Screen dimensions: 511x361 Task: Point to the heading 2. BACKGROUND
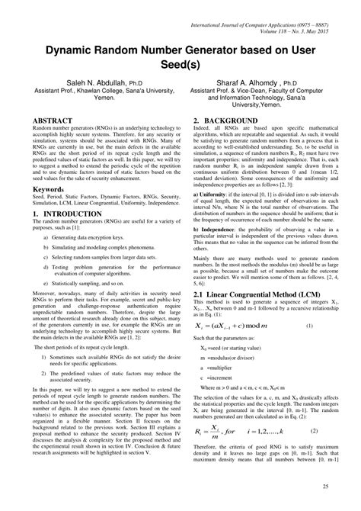pyautogui.click(x=225, y=121)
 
